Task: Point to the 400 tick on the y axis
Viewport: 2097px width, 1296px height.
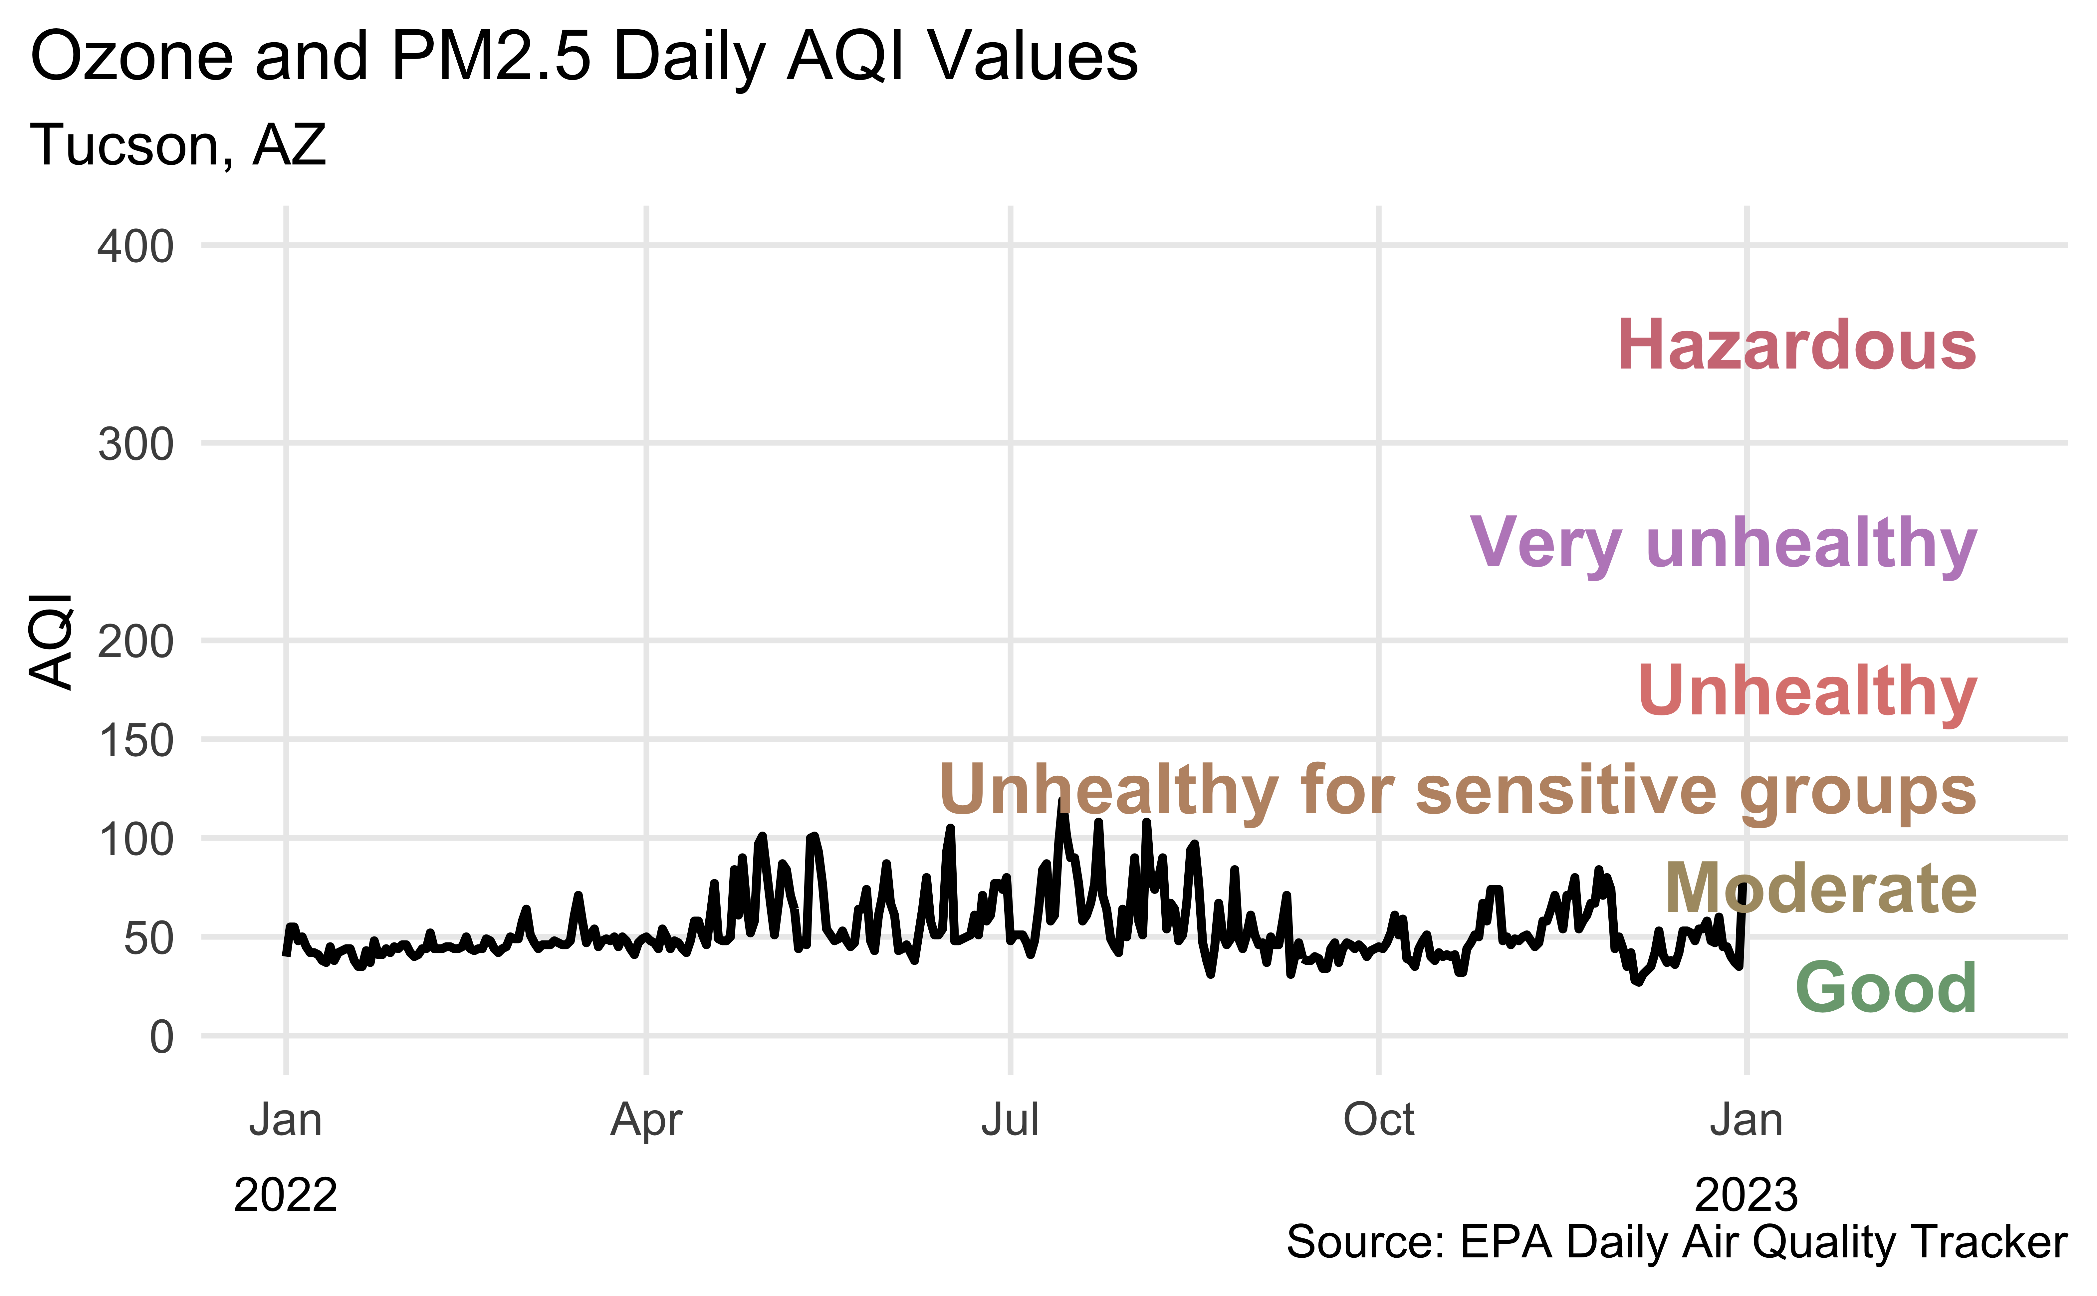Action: (135, 247)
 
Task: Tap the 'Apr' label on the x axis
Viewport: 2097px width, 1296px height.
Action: (646, 1120)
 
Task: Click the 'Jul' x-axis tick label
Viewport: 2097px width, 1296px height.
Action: (1010, 1120)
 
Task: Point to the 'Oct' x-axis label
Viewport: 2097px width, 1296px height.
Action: (1378, 1120)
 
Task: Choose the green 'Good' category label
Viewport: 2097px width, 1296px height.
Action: (1885, 987)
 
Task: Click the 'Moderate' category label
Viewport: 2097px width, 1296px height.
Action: (1820, 889)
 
